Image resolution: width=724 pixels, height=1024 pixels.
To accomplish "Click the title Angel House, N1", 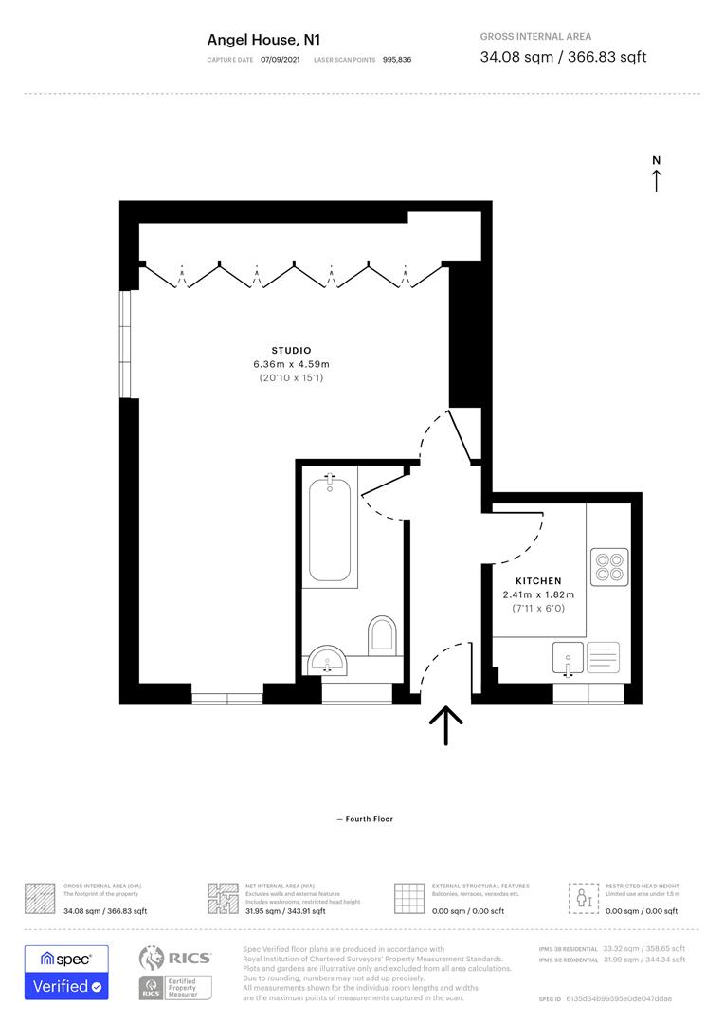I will pos(264,40).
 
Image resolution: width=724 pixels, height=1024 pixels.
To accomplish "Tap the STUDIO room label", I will pos(291,351).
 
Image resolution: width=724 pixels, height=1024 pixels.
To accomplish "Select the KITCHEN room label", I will pos(538,581).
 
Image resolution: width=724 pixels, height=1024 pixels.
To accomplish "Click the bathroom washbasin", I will pos(329,660).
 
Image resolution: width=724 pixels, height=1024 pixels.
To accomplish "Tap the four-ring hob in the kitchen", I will pos(608,565).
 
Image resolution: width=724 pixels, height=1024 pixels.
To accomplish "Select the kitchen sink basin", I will pos(568,655).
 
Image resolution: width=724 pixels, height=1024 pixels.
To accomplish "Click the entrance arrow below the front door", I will pos(445,725).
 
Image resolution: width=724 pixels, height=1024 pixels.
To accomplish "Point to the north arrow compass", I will pos(656,174).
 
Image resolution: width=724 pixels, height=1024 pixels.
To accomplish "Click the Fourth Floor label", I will pos(365,819).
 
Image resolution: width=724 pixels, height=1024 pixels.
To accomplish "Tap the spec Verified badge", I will pos(66,972).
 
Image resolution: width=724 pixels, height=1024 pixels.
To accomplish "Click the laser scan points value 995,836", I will pos(397,60).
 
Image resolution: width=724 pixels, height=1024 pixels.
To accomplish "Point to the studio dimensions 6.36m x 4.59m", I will pos(291,364).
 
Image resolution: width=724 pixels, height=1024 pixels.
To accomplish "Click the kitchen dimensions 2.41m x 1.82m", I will pos(538,594).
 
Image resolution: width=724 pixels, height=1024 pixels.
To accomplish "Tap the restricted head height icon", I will pos(582,897).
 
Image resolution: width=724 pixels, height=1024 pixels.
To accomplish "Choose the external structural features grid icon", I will pos(408,897).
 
